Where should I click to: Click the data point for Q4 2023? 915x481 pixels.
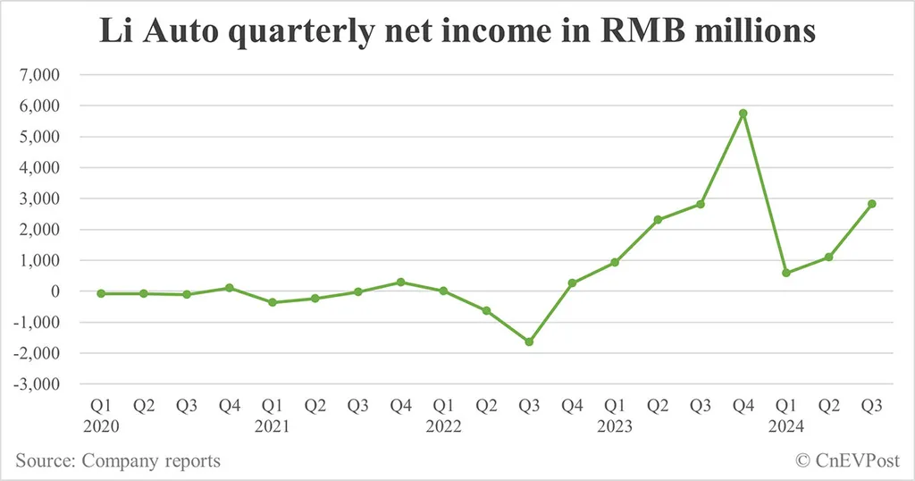tap(743, 114)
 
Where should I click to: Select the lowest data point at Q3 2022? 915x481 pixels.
tap(529, 342)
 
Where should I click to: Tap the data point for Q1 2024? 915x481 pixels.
tap(785, 273)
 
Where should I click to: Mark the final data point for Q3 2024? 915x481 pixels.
tap(871, 204)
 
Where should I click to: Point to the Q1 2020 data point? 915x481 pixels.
tap(101, 293)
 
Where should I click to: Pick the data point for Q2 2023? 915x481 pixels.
tap(658, 220)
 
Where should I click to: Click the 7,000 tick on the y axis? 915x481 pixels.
tap(39, 75)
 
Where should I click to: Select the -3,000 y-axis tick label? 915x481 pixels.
tap(36, 384)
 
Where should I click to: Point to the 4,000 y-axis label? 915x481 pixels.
tap(39, 168)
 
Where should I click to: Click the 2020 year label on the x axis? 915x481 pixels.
tap(101, 426)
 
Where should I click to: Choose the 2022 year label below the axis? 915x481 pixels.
tap(443, 426)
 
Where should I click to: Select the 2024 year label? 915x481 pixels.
tap(785, 426)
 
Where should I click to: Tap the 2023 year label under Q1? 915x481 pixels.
tap(615, 426)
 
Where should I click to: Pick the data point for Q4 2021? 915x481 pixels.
tap(400, 282)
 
